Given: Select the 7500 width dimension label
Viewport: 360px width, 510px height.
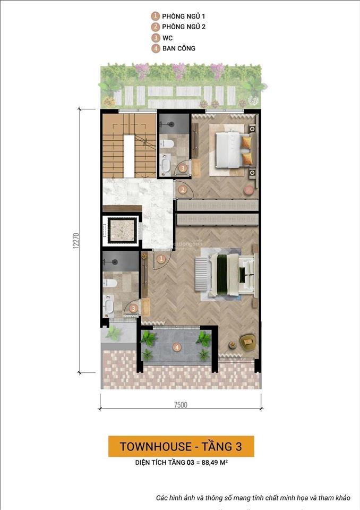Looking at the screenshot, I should (181, 405).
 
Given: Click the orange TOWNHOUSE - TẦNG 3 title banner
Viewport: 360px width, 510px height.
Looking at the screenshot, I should (181, 446).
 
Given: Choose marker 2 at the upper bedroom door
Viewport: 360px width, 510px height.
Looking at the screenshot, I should (182, 189).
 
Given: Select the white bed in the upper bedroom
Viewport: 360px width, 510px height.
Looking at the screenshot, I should (230, 150).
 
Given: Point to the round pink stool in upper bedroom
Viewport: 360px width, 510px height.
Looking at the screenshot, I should (248, 189).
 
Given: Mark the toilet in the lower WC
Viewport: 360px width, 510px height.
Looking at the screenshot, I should (109, 283).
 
